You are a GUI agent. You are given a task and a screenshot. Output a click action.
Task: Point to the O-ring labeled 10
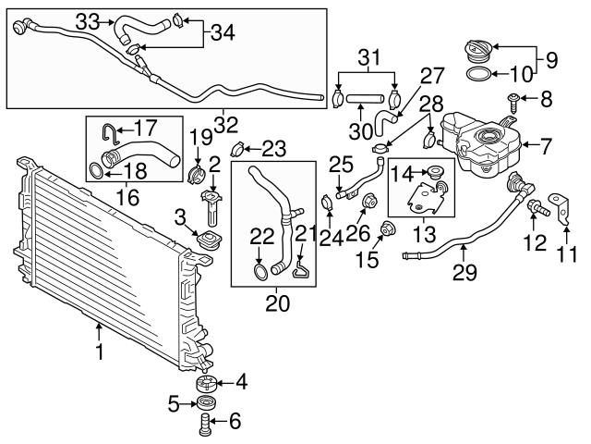(476, 74)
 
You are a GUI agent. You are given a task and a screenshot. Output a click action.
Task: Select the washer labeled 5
(206, 403)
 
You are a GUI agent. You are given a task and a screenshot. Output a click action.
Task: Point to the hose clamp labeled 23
(236, 148)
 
